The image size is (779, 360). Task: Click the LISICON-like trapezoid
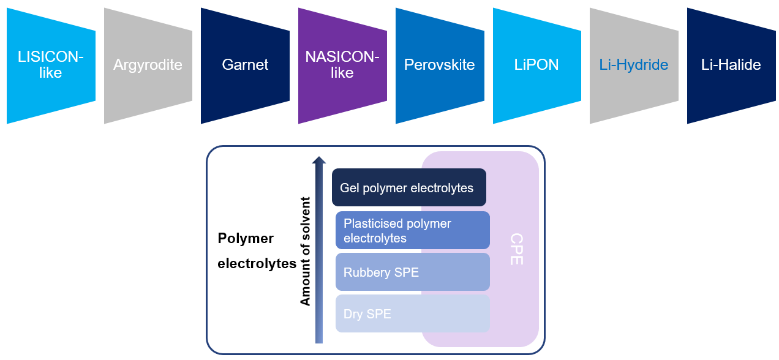click(51, 65)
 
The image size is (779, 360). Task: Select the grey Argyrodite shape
click(148, 65)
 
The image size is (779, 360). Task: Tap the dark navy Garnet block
click(245, 65)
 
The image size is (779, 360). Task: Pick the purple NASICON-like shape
click(342, 65)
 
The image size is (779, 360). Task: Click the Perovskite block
click(439, 65)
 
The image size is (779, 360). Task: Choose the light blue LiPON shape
click(536, 65)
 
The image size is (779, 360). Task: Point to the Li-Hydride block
click(634, 65)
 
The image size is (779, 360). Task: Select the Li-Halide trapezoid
click(731, 65)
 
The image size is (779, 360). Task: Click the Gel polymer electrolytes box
click(408, 187)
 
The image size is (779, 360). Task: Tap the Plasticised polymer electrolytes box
click(412, 231)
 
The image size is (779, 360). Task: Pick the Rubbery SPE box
click(412, 272)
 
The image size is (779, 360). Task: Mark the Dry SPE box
click(412, 314)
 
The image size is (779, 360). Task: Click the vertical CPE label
click(516, 249)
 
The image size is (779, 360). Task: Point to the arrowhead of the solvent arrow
click(319, 160)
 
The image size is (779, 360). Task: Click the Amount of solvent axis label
click(305, 251)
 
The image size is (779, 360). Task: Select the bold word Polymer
click(246, 238)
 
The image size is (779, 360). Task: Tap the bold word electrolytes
click(257, 264)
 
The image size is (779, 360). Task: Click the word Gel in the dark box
click(350, 188)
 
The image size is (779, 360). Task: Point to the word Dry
click(353, 315)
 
